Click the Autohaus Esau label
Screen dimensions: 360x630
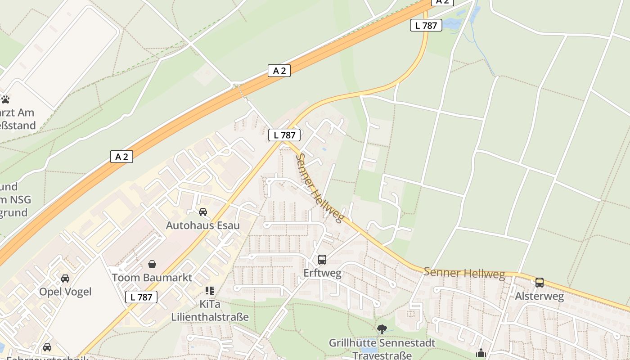point(202,225)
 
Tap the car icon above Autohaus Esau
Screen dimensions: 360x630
point(203,212)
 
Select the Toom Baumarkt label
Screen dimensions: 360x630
point(152,277)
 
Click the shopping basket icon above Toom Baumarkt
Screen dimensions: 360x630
point(152,264)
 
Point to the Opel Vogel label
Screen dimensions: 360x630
point(65,292)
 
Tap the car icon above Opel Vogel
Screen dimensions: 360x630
point(65,278)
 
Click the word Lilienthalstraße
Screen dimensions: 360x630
point(210,317)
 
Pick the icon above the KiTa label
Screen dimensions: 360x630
point(210,290)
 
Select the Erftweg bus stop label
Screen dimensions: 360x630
point(322,273)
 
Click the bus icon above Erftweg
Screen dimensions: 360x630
point(322,260)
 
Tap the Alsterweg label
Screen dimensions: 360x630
point(539,296)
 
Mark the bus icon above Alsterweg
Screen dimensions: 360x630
point(539,283)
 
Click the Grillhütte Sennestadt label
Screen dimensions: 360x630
point(382,343)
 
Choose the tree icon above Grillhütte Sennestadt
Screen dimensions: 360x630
point(382,329)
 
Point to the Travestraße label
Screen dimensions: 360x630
point(382,355)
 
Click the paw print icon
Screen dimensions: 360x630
point(5,99)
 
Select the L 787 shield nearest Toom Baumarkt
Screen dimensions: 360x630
point(141,297)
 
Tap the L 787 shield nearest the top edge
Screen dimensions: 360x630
point(426,26)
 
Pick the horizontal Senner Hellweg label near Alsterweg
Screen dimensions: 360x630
point(464,273)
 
